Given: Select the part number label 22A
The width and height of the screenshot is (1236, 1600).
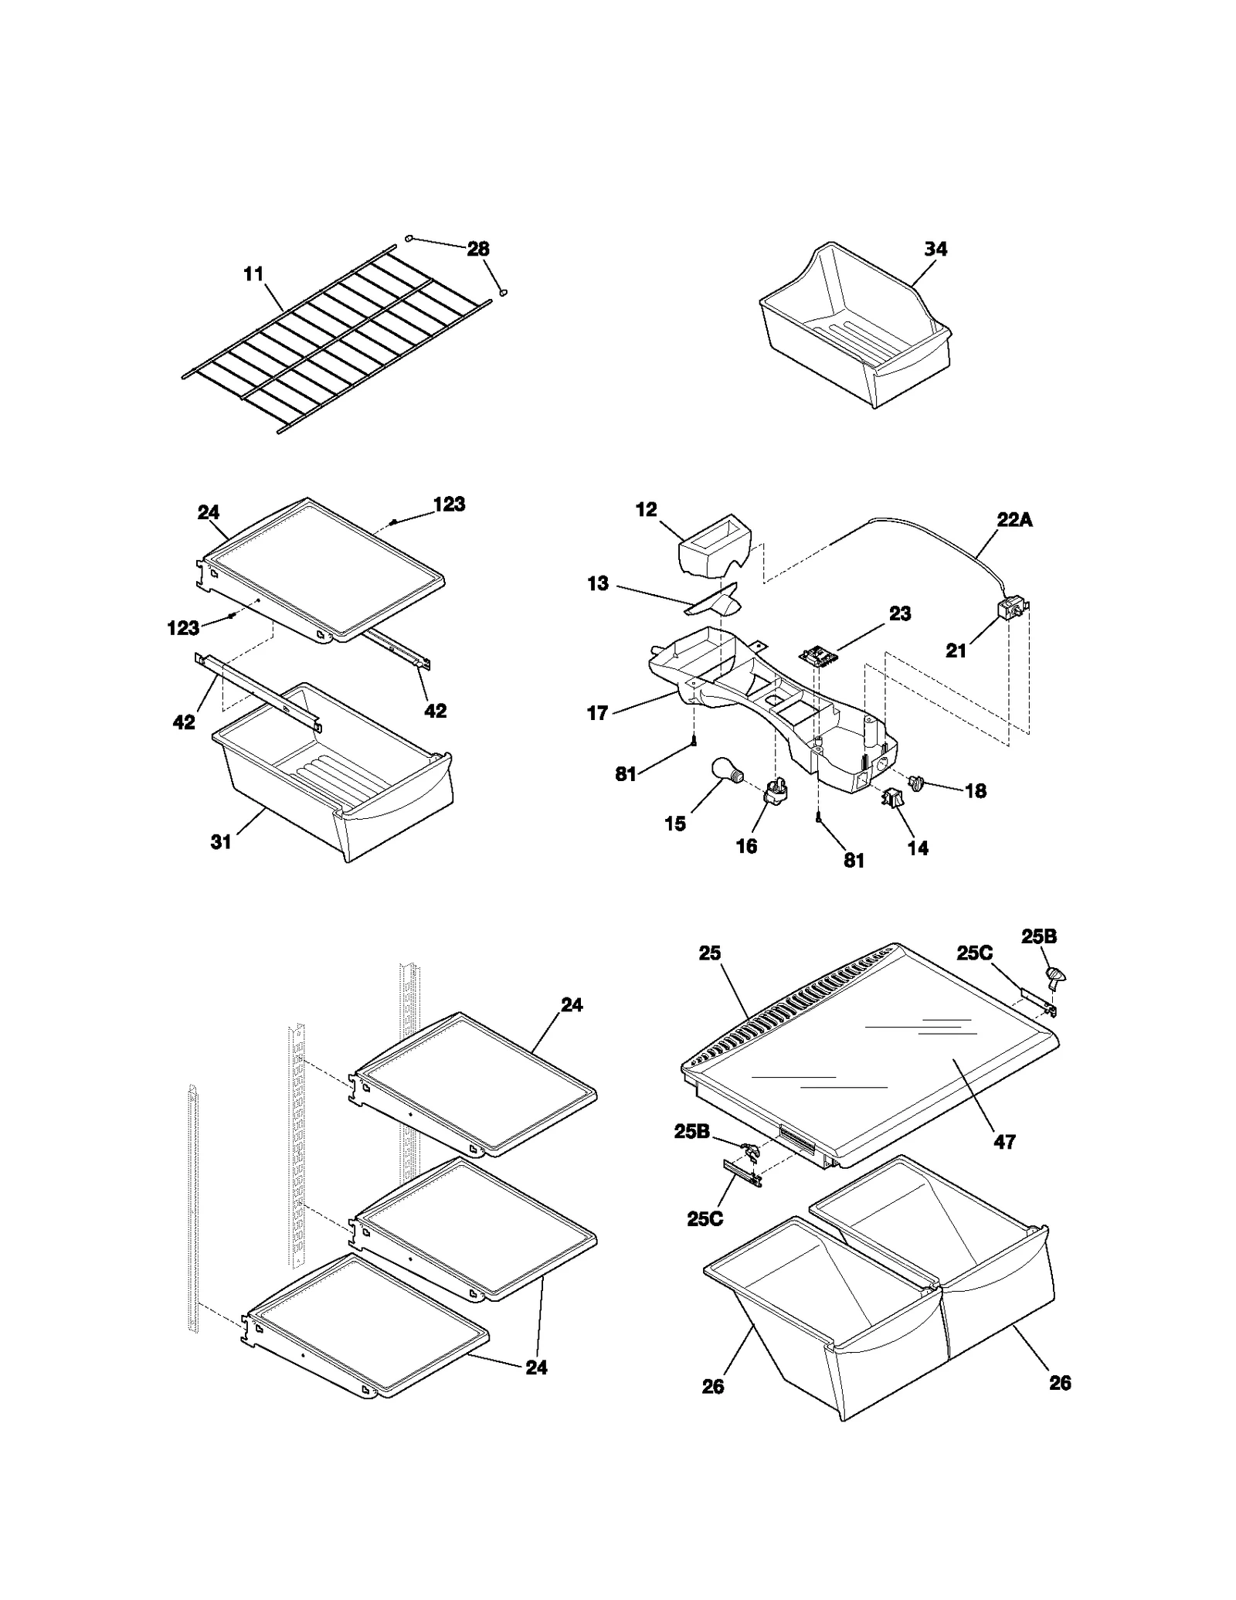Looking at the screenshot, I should click(1014, 520).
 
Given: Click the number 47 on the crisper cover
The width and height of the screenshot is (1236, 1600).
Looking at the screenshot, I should click(1004, 1141).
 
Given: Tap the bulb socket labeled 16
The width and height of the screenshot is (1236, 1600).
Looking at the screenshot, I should click(774, 791).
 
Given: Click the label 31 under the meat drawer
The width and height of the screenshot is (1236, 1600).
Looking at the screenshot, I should click(221, 841).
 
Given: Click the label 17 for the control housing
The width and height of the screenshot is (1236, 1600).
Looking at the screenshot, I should click(597, 712).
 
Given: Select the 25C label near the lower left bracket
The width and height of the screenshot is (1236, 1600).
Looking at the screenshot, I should click(705, 1218).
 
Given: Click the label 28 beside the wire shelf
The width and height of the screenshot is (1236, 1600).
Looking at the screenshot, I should click(478, 249).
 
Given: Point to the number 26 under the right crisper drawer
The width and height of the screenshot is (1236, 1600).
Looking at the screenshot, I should click(1060, 1382).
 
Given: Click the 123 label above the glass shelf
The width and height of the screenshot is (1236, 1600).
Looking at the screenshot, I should click(449, 504).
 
